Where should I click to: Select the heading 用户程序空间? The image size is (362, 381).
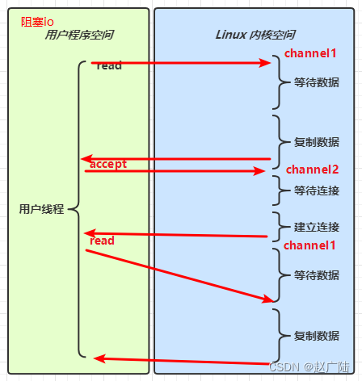(79, 36)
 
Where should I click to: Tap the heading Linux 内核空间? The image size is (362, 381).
(255, 36)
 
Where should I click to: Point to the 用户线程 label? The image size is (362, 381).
(41, 209)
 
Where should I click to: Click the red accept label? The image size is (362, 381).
(108, 164)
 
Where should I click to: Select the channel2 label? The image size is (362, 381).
(312, 170)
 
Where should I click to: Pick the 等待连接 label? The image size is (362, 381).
(316, 191)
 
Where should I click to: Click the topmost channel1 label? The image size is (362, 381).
(309, 53)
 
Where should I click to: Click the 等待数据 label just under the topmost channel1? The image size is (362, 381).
(316, 82)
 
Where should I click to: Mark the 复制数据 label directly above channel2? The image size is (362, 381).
(316, 141)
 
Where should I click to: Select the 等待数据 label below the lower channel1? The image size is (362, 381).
(316, 275)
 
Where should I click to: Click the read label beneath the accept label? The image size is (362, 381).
(103, 241)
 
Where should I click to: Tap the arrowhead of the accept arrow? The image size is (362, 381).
(259, 171)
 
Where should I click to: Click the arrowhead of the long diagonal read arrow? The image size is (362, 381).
(269, 299)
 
